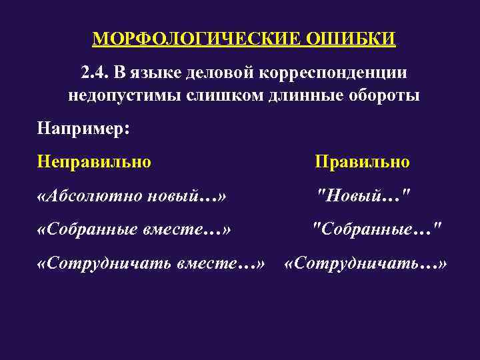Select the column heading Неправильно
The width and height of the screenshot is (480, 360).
(x=95, y=161)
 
